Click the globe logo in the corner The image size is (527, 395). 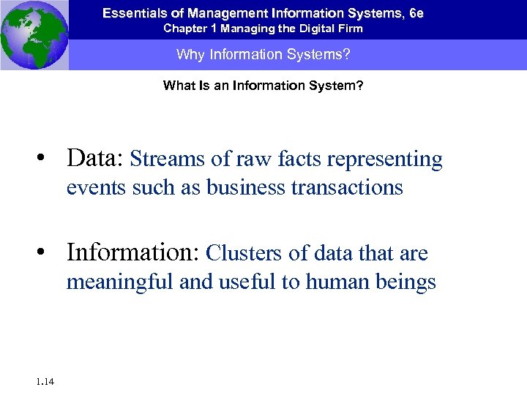pyautogui.click(x=34, y=35)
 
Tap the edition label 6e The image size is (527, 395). pyautogui.click(x=416, y=13)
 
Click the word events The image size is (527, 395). pyautogui.click(x=96, y=187)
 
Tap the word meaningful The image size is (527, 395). pyautogui.click(x=120, y=282)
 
